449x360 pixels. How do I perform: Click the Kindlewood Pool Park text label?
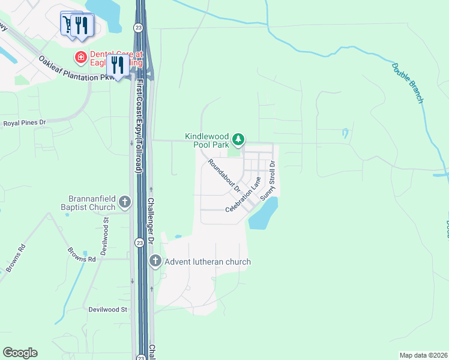point(208,140)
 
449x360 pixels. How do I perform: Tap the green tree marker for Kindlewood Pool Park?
point(239,140)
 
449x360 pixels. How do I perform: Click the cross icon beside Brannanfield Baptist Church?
point(125,202)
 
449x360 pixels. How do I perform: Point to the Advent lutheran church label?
point(208,262)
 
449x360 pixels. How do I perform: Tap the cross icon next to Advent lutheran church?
point(155,261)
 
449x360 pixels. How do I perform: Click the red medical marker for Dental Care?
point(79,58)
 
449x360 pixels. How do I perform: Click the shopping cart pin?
point(68,23)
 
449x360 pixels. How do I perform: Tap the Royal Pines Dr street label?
point(25,123)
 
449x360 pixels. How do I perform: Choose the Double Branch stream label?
point(408,83)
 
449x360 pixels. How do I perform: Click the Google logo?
point(20,353)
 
